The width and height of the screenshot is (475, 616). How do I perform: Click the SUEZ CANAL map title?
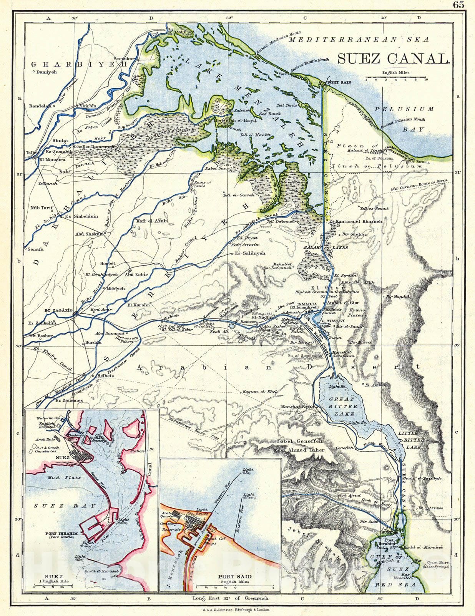[x=394, y=59]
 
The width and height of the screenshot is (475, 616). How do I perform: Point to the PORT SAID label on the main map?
[x=337, y=82]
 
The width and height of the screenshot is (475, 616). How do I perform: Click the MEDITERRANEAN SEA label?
[x=359, y=39]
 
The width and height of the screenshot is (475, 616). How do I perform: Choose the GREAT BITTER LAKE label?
[x=342, y=406]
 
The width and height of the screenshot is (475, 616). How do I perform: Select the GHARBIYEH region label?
[x=79, y=64]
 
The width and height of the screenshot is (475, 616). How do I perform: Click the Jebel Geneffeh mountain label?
[x=305, y=442]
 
